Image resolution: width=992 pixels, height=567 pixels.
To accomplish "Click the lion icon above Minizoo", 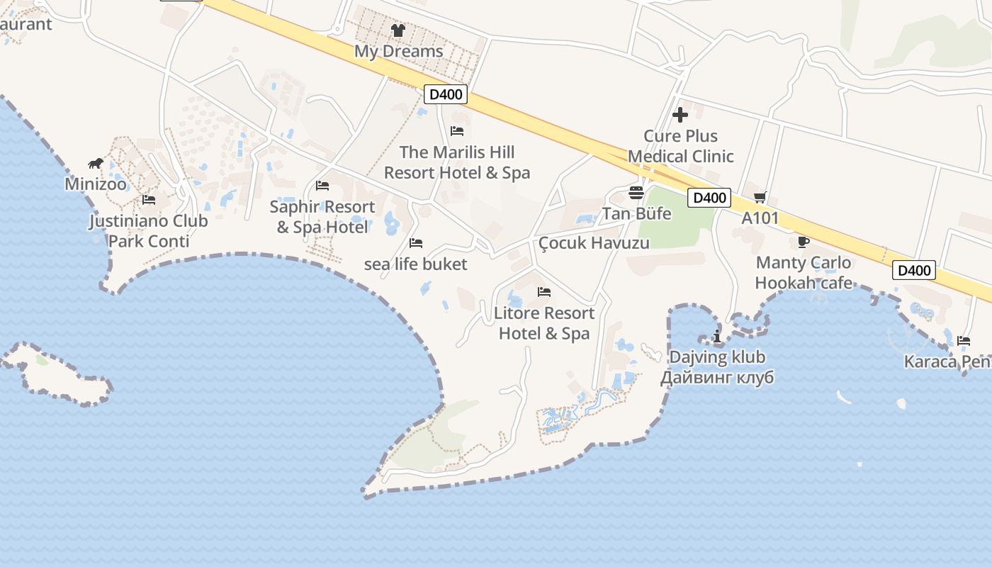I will click(96, 164).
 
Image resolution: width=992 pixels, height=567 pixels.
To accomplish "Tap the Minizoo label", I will click(96, 184).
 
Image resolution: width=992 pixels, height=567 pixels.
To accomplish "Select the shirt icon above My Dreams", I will click(398, 30).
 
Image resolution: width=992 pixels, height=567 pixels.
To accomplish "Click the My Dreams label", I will click(399, 51).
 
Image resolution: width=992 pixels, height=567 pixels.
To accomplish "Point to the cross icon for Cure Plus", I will click(680, 115).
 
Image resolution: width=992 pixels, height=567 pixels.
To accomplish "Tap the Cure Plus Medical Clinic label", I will click(681, 146).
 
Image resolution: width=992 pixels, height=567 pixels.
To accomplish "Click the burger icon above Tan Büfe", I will click(636, 193).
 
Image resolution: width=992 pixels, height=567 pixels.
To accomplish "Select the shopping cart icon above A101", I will click(760, 198).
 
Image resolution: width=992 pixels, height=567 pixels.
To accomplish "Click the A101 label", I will click(760, 218).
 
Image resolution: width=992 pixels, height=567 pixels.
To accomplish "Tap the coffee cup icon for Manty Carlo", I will click(804, 242).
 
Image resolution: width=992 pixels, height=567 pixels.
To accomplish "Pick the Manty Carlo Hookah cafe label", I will click(804, 273).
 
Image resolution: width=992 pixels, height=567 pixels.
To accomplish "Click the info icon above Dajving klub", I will click(717, 336).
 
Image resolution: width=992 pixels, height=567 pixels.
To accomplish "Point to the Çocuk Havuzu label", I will click(594, 243).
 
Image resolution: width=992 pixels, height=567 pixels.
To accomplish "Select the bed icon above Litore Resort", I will click(544, 292).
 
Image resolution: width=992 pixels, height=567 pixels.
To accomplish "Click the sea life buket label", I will click(416, 264).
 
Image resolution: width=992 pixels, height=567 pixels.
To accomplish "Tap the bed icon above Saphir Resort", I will click(322, 186).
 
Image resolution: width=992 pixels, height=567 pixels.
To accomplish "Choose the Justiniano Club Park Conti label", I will click(149, 231).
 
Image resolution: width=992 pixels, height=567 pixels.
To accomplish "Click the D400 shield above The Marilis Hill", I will click(445, 94).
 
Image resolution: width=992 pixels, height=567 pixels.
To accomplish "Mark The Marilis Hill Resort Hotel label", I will click(457, 162).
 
